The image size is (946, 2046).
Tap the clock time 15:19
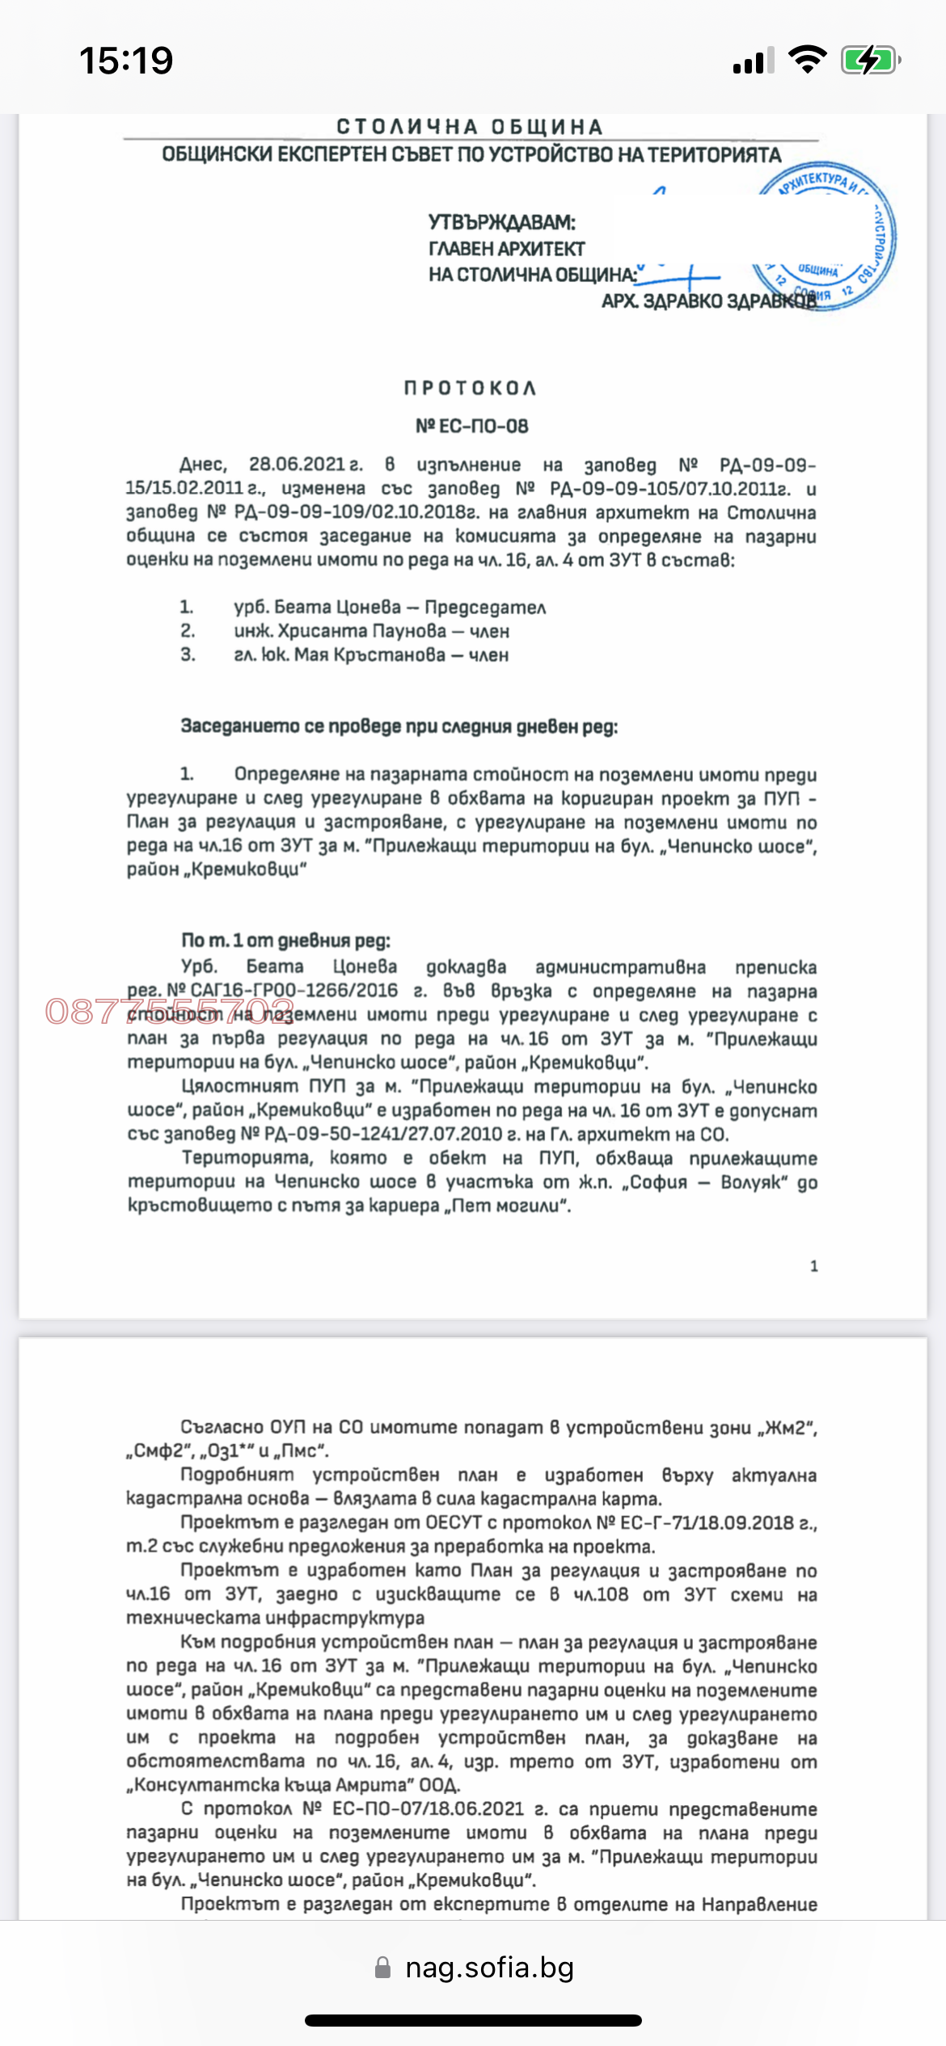point(126,61)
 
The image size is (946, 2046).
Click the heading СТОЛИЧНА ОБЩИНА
point(470,127)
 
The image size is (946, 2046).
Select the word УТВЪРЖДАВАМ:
point(501,222)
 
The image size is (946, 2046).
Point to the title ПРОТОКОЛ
point(470,388)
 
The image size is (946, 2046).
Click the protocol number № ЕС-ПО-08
point(471,426)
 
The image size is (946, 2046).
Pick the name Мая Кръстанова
point(370,655)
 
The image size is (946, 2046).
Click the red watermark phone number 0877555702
point(169,1012)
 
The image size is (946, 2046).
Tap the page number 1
point(813,1266)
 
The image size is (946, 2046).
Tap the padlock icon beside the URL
point(383,1968)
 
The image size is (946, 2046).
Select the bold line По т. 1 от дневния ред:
point(285,941)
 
